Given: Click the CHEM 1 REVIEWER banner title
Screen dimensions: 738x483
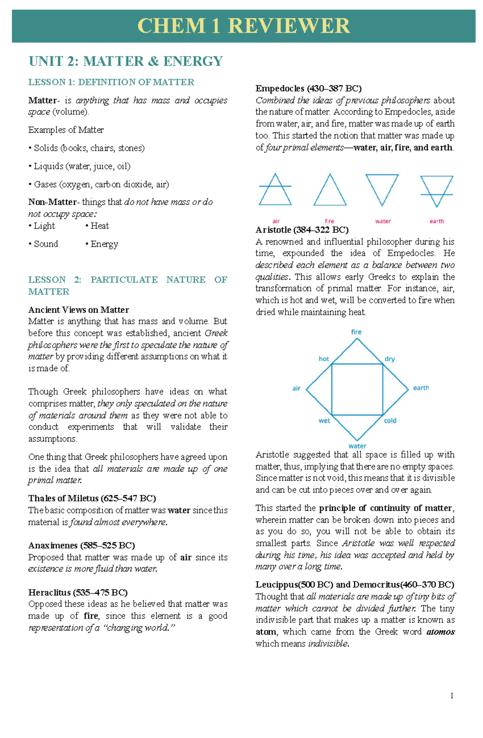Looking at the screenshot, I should [x=244, y=26].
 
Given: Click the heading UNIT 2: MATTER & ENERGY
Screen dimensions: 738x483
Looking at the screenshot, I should [x=125, y=61].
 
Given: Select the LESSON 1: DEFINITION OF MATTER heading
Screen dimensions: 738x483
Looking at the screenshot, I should [x=111, y=82].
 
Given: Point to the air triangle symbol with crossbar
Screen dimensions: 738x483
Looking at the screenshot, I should [x=275, y=191].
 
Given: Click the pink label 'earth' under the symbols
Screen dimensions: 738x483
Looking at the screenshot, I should [x=437, y=221].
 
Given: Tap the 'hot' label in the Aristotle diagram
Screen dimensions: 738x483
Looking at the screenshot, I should [x=324, y=359].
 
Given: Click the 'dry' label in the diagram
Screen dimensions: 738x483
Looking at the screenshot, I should [x=390, y=359].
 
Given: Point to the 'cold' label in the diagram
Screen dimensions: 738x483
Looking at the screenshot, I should [x=390, y=421].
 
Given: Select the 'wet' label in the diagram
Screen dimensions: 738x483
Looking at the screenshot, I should [x=324, y=421].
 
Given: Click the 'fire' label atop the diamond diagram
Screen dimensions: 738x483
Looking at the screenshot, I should [x=356, y=332].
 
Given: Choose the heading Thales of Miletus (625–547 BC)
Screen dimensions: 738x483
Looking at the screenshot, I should [x=92, y=498].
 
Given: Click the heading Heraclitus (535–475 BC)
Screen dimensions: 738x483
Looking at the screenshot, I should [x=78, y=592].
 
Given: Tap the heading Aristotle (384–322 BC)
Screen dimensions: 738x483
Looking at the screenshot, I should [x=302, y=230].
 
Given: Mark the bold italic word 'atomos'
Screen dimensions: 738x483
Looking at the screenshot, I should [x=440, y=632].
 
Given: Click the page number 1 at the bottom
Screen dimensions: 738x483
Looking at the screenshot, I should [x=452, y=696].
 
